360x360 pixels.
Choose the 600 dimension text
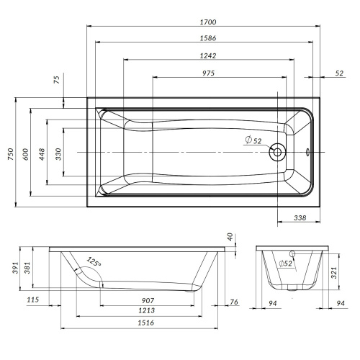coord(27,153)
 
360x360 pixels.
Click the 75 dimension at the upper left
coord(58,80)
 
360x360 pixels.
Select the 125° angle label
coord(94,262)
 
